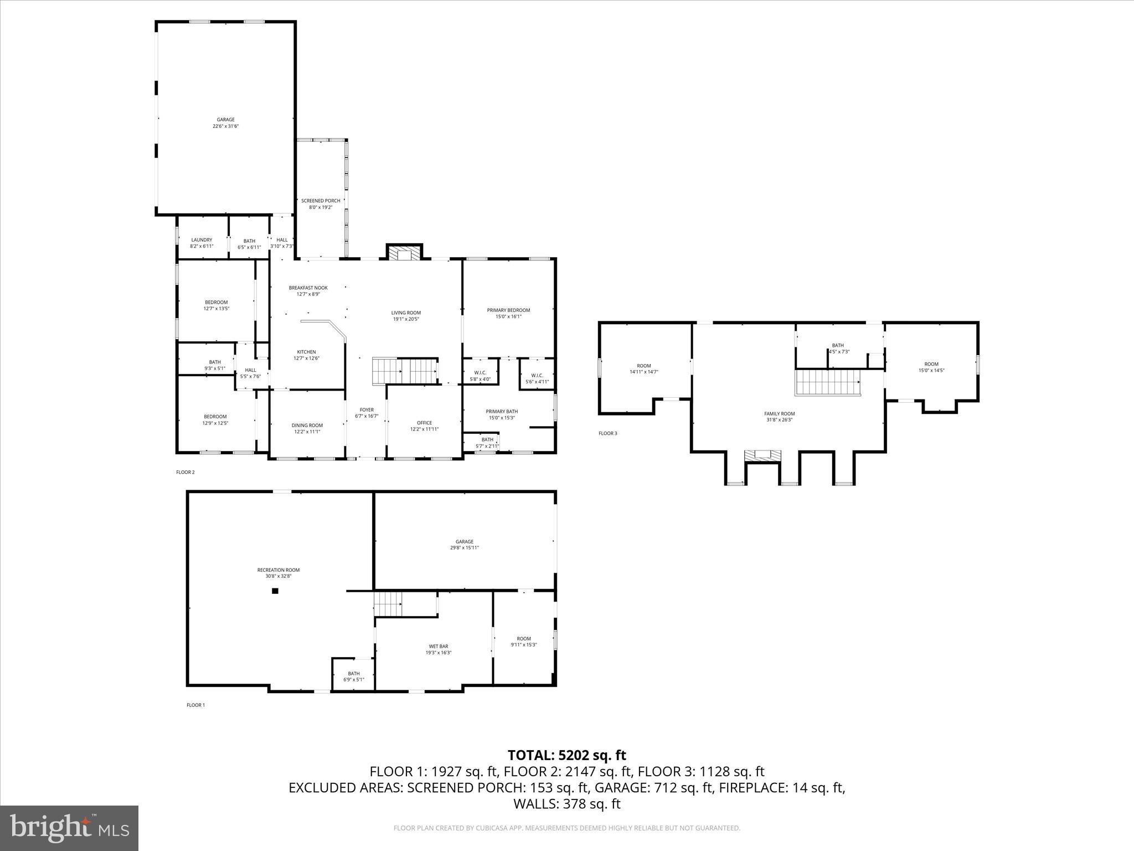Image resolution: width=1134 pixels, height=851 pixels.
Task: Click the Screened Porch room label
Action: tap(321, 201)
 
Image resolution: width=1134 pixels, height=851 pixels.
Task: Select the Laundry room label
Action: tap(202, 240)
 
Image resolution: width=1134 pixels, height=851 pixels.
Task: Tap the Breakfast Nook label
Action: tap(308, 288)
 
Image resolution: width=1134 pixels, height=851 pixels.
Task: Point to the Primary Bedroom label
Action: tap(508, 310)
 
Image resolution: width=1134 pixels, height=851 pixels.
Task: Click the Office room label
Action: tap(424, 423)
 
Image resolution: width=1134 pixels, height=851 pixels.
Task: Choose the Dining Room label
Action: tap(307, 425)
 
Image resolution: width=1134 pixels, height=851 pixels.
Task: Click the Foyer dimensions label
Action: tap(367, 416)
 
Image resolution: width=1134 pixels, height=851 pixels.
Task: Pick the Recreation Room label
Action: tap(278, 570)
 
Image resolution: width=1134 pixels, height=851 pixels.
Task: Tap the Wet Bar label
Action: tap(439, 647)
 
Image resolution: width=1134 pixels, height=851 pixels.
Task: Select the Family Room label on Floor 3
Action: tap(779, 414)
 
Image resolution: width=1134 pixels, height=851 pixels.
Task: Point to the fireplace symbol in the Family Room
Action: tap(762, 455)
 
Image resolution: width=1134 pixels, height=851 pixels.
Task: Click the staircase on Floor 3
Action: tap(828, 382)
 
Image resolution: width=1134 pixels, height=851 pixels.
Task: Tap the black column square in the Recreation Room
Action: tap(275, 591)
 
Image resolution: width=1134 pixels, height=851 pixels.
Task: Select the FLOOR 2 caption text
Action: tap(185, 473)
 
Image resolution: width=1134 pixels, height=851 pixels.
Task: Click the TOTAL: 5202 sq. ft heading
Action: tap(566, 755)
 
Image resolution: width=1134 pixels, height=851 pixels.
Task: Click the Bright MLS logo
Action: tap(69, 828)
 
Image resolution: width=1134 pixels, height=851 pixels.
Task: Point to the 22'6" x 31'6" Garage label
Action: tap(225, 123)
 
